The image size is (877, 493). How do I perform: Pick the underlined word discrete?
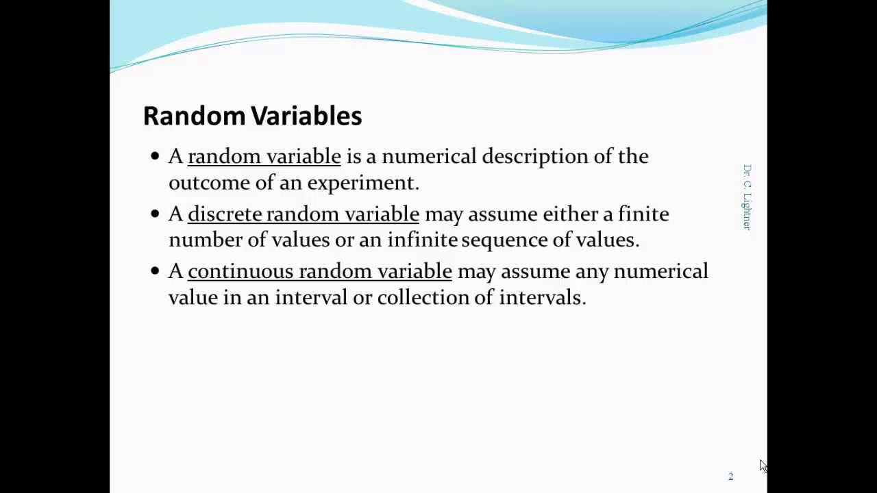pos(225,214)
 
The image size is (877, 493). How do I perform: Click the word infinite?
pos(422,240)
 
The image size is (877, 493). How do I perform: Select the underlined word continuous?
pos(240,271)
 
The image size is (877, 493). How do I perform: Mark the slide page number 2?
pos(730,477)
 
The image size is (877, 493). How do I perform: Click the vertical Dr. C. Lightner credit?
pos(747,197)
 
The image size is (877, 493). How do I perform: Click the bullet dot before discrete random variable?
pos(154,214)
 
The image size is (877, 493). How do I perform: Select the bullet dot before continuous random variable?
pos(154,271)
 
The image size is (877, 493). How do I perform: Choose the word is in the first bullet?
pos(353,156)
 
